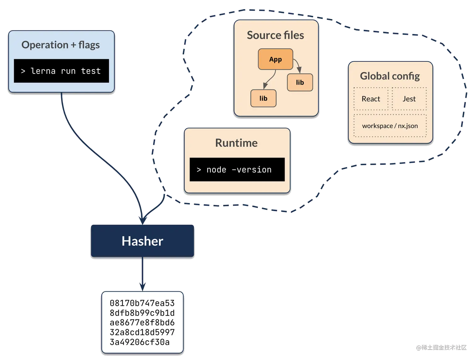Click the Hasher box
[x=142, y=241]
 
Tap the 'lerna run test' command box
[x=61, y=71]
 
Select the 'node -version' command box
[x=237, y=170]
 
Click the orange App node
[x=275, y=59]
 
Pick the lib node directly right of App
[x=300, y=82]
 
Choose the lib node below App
[x=263, y=98]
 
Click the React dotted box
[x=371, y=99]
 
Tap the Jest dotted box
[x=409, y=99]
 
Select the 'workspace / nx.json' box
[x=390, y=126]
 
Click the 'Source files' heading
[x=275, y=35]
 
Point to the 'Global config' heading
[x=390, y=76]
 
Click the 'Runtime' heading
[x=236, y=143]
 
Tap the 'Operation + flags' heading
[x=60, y=45]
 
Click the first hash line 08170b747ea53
[x=142, y=303]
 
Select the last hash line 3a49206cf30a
[x=139, y=342]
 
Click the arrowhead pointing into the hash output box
[x=143, y=286]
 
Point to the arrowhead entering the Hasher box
[x=143, y=219]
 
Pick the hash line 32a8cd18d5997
[x=142, y=332]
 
